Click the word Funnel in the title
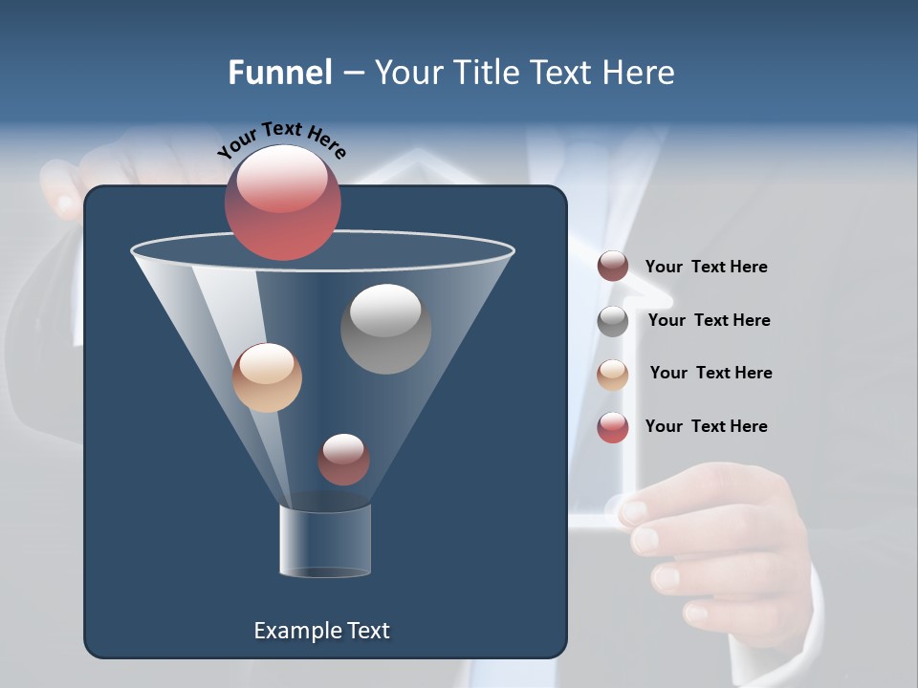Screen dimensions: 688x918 pos(280,72)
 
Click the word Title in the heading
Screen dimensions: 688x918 pos(487,72)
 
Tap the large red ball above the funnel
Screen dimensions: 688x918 pos(282,203)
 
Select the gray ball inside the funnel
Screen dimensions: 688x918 pos(385,329)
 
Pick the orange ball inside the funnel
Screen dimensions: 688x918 pos(267,377)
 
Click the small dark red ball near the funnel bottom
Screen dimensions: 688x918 pos(343,459)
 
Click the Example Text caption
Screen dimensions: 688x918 pos(321,630)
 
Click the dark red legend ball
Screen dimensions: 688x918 pos(613,267)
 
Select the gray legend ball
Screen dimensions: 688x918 pos(613,321)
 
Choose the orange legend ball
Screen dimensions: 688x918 pos(613,375)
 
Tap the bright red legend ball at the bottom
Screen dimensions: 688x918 pos(613,427)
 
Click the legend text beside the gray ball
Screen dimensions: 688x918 pos(709,320)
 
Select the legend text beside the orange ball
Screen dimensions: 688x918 pos(710,373)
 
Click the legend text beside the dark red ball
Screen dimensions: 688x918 pos(706,267)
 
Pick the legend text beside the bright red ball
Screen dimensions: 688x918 pos(706,426)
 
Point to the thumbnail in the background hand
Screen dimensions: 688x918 pos(637,513)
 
